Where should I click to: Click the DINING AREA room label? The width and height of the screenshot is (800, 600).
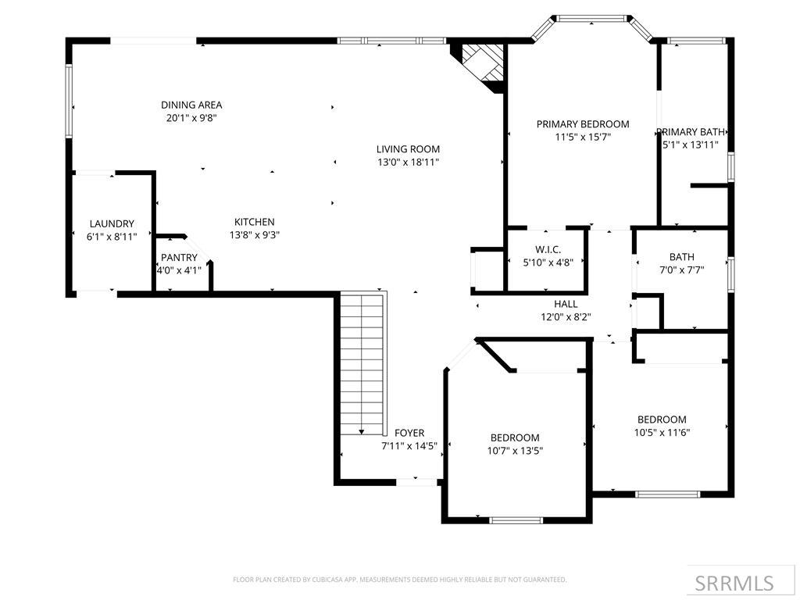(x=191, y=105)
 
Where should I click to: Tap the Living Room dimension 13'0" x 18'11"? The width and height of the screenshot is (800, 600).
(x=408, y=162)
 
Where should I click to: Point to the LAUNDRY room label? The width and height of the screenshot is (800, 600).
(x=112, y=223)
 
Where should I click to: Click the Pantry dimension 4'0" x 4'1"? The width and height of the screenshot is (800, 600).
(x=180, y=271)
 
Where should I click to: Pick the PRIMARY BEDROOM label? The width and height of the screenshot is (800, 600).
(x=582, y=123)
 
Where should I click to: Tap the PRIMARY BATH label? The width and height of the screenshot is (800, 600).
(x=691, y=132)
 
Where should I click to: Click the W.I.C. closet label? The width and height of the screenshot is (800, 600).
(x=548, y=249)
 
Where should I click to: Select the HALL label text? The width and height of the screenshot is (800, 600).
(x=566, y=304)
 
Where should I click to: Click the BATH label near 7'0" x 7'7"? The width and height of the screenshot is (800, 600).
(x=681, y=257)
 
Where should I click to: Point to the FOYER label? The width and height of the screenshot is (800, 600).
(x=409, y=433)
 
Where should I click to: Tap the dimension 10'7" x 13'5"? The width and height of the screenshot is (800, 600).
(x=515, y=451)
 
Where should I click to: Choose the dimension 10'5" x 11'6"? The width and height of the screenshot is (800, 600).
(x=662, y=433)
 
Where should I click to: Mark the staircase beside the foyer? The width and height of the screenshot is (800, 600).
(x=363, y=363)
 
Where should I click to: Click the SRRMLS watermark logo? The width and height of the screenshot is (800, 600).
(x=734, y=583)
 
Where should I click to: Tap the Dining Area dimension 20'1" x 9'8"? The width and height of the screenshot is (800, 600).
(x=191, y=118)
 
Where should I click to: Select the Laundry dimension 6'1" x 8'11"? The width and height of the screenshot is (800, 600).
(x=112, y=237)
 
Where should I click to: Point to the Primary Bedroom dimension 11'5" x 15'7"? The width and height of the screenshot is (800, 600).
(x=582, y=137)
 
